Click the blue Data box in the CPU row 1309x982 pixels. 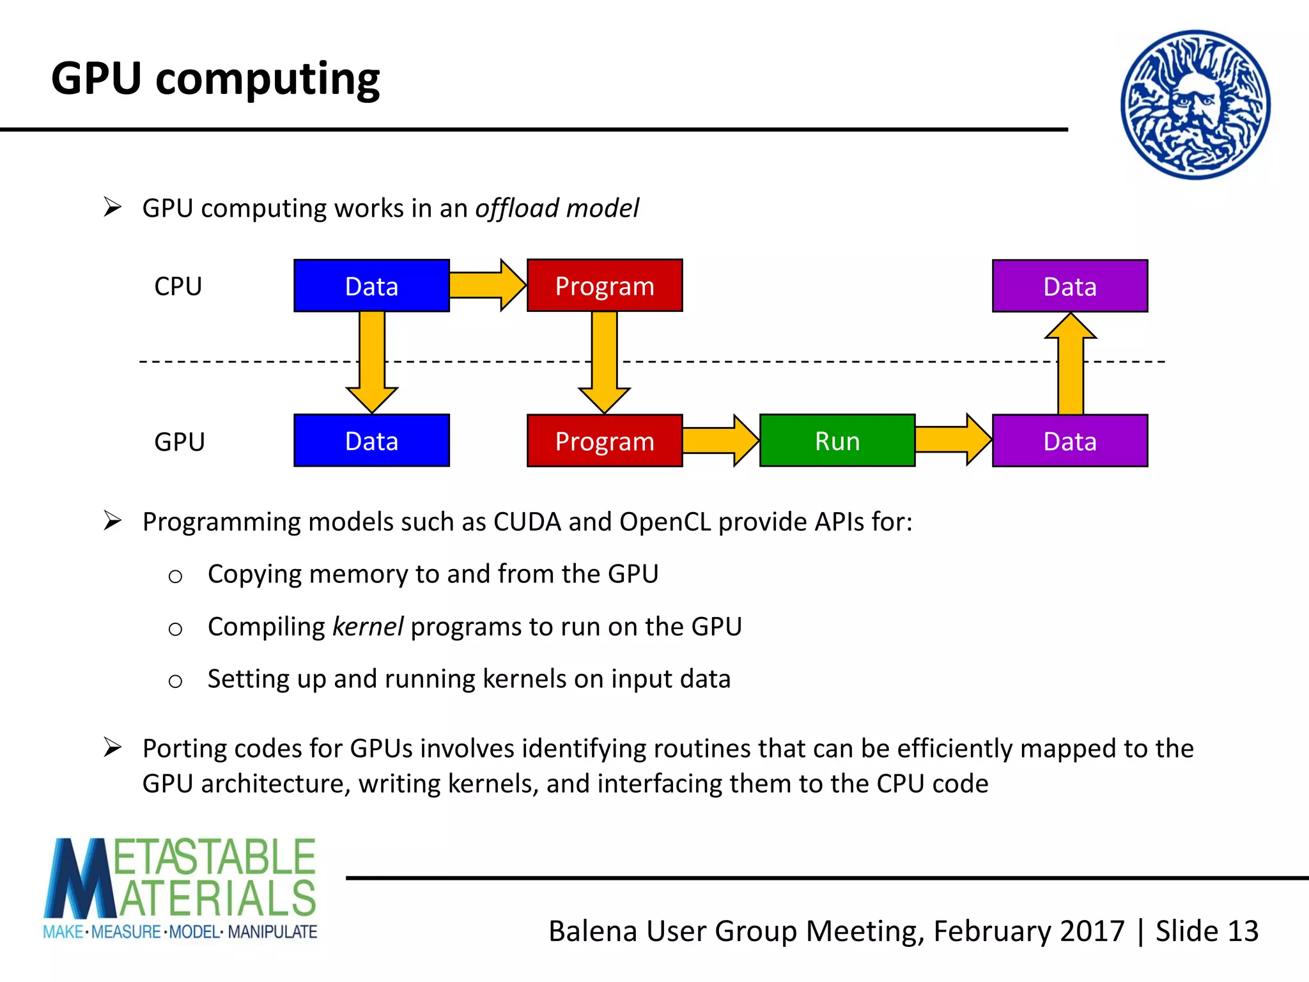371,286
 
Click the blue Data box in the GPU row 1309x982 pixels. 371,440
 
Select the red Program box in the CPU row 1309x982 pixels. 605,286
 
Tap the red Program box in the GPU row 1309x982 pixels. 605,440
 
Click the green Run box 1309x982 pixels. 837,440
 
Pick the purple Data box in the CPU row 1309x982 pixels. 1070,286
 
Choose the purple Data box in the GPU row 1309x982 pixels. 1070,440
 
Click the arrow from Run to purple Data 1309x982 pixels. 952,440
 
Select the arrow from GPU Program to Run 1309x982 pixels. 720,440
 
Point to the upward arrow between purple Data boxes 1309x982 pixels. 1071,364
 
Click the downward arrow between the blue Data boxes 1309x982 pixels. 372,361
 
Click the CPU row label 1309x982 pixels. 178,286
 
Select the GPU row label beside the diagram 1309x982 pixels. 179,442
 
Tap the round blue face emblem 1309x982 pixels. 1195,104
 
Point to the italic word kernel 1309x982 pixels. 368,627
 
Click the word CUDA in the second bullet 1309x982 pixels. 527,522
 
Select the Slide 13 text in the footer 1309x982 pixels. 1207,931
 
